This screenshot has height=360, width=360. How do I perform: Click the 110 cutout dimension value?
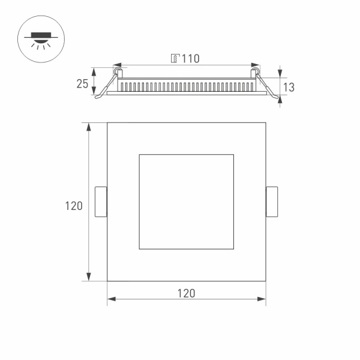click(190, 58)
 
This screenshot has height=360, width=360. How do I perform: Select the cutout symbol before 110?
click(175, 59)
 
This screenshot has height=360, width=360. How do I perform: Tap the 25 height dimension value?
click(82, 83)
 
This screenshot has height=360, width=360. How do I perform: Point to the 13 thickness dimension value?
click(289, 87)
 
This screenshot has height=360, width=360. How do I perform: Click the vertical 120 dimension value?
click(74, 206)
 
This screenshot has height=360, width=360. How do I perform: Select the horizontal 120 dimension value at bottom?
click(186, 293)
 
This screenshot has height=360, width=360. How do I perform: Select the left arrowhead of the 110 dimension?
click(116, 64)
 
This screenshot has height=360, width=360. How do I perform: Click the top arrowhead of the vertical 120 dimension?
click(89, 127)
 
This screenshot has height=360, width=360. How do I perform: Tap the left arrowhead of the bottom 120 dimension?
click(111, 299)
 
